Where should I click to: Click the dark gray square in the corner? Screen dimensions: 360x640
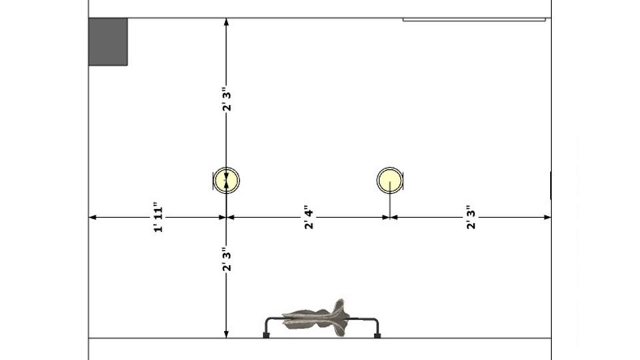point(108,42)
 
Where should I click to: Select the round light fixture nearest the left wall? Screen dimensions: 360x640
point(227,180)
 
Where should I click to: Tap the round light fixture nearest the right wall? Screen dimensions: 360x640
point(389,180)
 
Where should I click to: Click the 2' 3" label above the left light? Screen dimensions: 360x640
point(227,99)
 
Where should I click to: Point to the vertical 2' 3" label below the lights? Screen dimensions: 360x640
point(227,261)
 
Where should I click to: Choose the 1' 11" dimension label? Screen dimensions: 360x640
point(158,217)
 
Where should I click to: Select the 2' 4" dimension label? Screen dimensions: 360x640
point(308,217)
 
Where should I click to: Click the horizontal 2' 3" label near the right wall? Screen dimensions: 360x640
point(471,217)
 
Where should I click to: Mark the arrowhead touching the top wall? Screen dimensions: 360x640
point(227,23)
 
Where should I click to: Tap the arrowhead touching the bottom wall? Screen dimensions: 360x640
point(227,334)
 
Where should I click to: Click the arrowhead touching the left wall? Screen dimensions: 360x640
point(93,217)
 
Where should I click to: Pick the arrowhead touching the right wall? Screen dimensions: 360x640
point(547,217)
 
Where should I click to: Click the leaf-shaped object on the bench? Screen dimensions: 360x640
point(316,317)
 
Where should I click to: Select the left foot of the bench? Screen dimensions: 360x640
point(266,335)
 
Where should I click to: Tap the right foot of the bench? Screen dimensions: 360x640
point(377,335)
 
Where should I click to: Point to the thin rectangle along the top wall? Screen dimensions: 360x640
point(474,20)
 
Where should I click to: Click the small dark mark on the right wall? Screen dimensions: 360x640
point(551,185)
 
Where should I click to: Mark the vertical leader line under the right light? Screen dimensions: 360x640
point(389,203)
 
